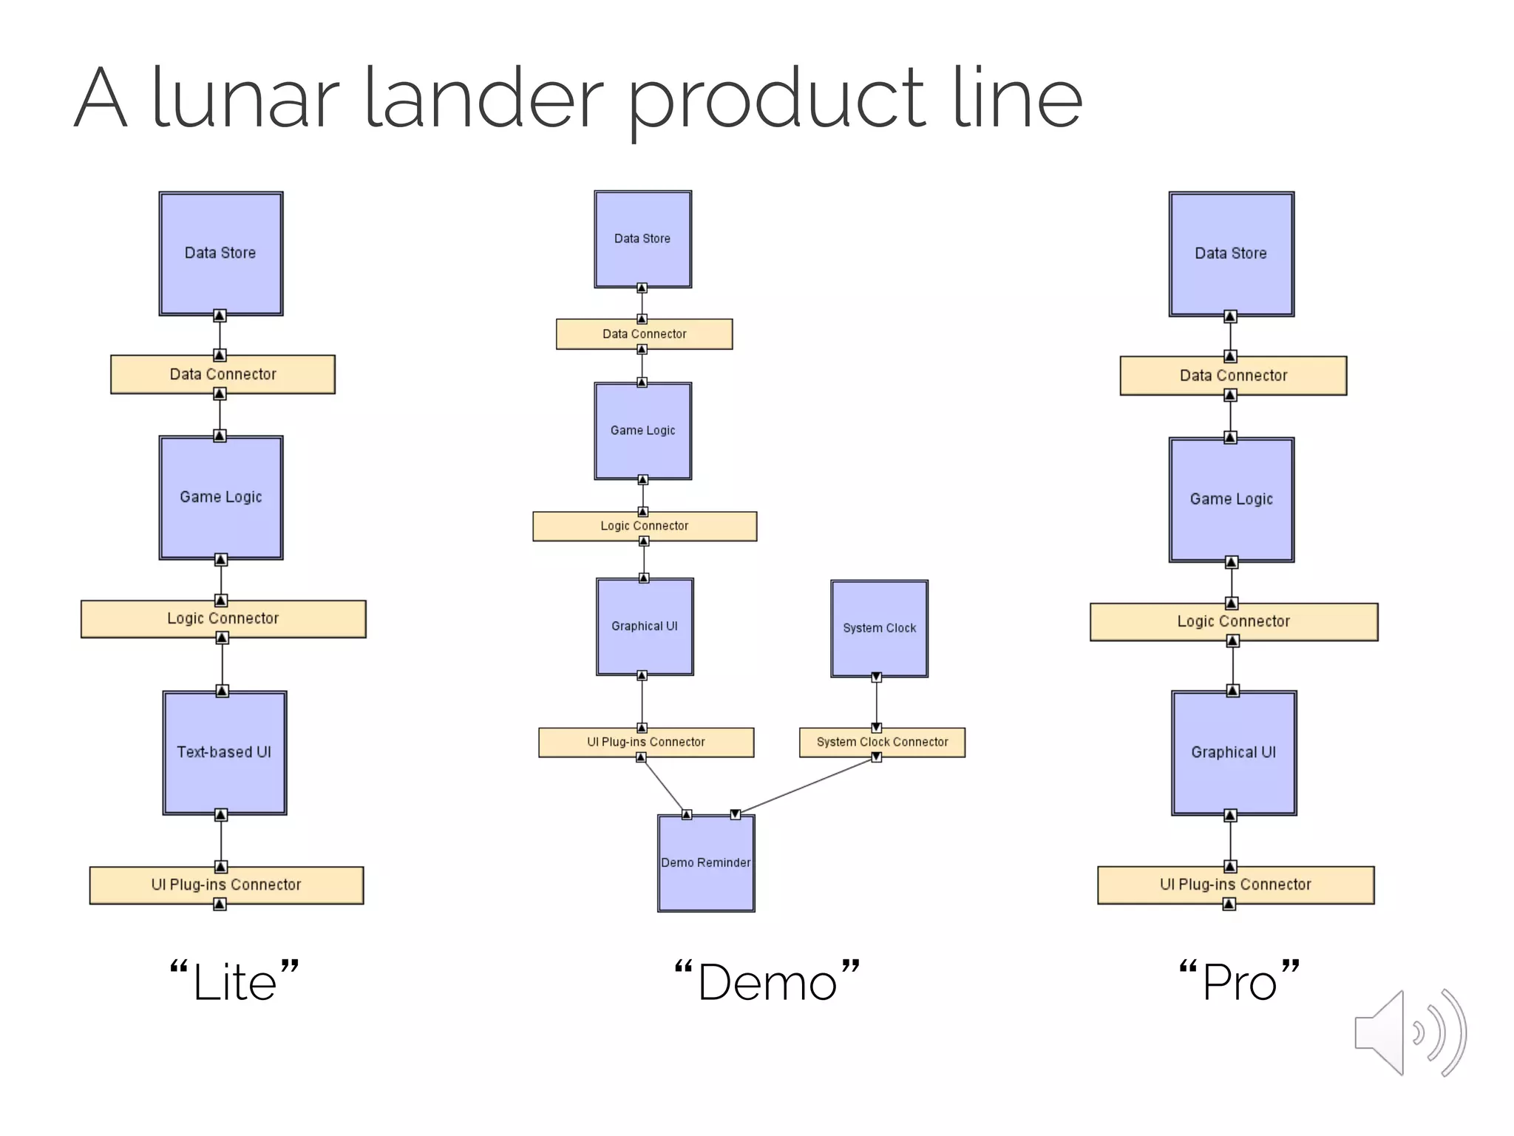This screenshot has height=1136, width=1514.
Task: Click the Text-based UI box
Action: [224, 753]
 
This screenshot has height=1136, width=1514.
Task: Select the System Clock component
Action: [879, 629]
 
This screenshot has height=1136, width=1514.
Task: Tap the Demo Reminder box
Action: [706, 863]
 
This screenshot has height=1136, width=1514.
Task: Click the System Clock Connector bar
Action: [882, 742]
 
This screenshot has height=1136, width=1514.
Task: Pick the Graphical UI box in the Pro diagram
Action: [1233, 753]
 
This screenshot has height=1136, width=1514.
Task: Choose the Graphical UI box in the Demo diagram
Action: [645, 626]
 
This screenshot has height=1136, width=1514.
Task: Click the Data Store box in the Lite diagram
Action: [220, 254]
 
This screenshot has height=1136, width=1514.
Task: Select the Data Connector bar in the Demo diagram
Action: [644, 334]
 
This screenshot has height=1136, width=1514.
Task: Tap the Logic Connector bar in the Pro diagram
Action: [1233, 622]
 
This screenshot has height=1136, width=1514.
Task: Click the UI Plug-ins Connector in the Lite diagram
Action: [226, 885]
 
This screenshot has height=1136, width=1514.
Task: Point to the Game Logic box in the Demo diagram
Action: [642, 430]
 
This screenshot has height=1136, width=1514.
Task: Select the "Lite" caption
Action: [234, 983]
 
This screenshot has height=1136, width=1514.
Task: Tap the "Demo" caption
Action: [767, 983]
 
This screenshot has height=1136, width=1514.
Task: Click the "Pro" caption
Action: [1239, 983]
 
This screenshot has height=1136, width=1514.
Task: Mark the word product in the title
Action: [776, 100]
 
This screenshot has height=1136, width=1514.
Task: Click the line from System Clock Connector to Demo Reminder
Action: [806, 786]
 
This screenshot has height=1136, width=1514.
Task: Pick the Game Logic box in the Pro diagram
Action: [1231, 500]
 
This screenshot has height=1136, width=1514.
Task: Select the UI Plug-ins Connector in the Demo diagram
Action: [645, 742]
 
